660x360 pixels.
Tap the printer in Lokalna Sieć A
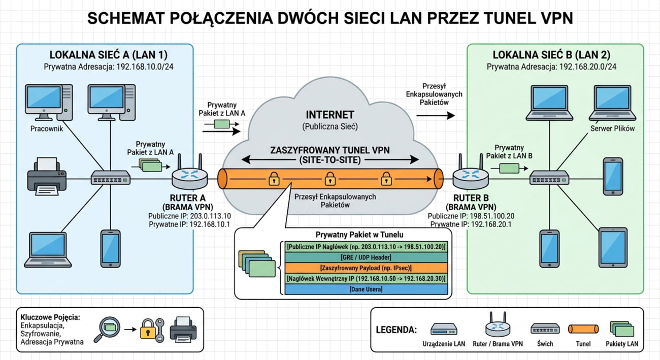click(x=47, y=176)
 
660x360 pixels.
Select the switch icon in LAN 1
click(x=111, y=178)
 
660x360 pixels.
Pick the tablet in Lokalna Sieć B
click(x=613, y=247)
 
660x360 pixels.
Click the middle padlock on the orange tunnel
click(x=330, y=179)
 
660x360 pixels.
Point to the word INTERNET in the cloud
click(x=330, y=115)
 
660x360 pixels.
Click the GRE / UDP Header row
click(x=366, y=257)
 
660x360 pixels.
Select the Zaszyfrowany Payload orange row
click(x=366, y=268)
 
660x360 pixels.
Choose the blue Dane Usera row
click(x=366, y=289)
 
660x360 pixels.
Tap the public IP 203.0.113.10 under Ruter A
click(x=210, y=216)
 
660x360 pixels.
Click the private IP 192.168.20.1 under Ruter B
click(x=491, y=224)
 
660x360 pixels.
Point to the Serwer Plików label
click(x=613, y=128)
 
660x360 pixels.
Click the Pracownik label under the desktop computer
click(x=47, y=128)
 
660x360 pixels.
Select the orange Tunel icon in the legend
click(x=583, y=329)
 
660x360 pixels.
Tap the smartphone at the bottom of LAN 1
click(x=111, y=249)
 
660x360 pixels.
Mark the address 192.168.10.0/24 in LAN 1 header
click(x=145, y=67)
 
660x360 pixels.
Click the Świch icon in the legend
click(x=545, y=329)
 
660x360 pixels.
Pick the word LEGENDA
click(x=397, y=330)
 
